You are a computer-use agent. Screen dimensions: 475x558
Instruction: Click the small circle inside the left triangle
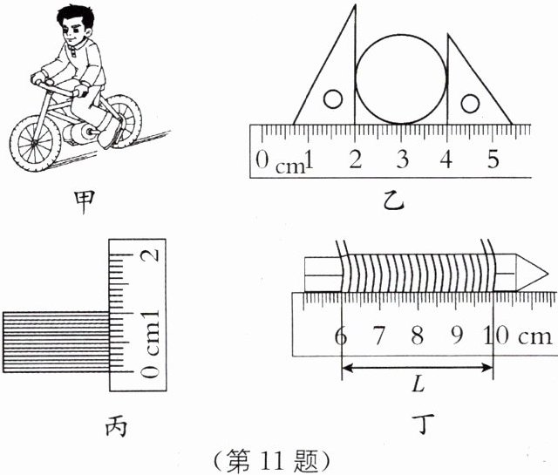(x=332, y=99)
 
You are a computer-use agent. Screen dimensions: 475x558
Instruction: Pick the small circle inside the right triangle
(x=470, y=104)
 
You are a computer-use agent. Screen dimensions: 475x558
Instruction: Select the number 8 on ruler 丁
(x=417, y=336)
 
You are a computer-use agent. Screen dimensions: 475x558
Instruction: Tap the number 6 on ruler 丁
(x=337, y=336)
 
